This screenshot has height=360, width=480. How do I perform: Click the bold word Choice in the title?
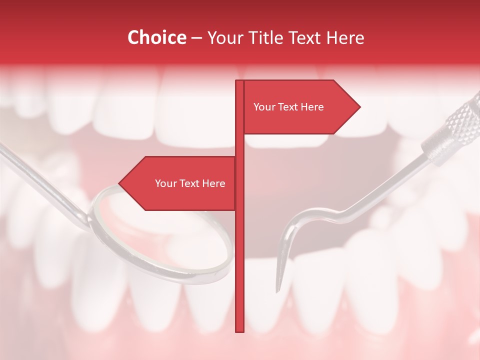click(156, 37)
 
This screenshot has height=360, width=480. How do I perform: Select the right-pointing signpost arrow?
click(300, 107)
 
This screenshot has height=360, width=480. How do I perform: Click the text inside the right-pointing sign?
click(288, 107)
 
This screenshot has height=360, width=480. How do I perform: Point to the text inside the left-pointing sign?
click(190, 183)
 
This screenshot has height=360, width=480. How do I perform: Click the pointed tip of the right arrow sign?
click(359, 107)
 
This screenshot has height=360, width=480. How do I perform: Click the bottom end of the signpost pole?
click(239, 330)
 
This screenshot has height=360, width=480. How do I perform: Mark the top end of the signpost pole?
click(239, 81)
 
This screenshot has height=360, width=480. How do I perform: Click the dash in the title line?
click(196, 37)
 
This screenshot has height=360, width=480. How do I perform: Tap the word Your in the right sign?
click(263, 107)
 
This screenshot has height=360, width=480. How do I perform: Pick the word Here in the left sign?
click(213, 183)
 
